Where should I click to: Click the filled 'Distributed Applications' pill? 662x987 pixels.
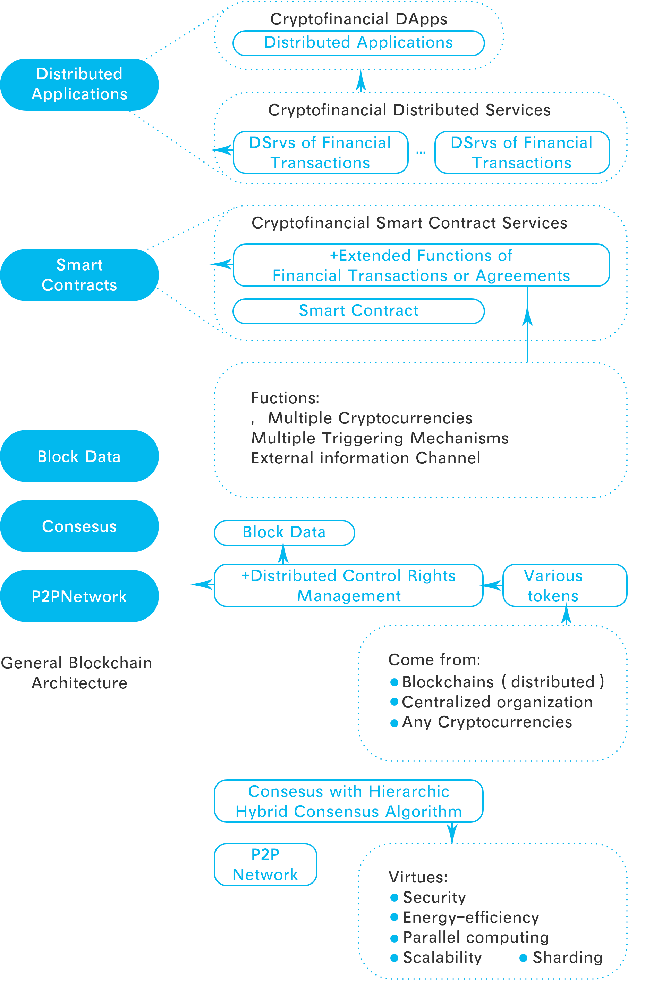[79, 84]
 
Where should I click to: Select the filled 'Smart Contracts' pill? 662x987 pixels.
[79, 275]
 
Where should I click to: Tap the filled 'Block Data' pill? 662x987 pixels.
[79, 456]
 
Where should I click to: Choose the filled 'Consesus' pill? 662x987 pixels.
[79, 526]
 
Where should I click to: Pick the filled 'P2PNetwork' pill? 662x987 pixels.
[79, 596]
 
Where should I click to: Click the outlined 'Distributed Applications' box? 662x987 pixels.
[358, 43]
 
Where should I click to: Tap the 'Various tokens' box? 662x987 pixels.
[565, 585]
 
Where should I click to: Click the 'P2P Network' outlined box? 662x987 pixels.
[265, 864]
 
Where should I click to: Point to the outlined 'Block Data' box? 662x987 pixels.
[284, 533]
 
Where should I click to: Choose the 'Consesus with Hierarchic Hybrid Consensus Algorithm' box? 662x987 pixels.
[348, 801]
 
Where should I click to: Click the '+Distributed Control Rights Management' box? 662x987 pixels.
[348, 585]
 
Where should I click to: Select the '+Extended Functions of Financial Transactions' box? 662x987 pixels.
[421, 265]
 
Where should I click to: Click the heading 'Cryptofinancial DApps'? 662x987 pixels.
[359, 19]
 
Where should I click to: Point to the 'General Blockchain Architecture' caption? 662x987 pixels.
[77, 673]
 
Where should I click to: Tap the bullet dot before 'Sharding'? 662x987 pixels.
[523, 958]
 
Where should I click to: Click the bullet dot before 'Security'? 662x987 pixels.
[394, 897]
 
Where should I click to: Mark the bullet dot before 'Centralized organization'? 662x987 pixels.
[394, 702]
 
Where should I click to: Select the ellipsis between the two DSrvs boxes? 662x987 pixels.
[421, 152]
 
